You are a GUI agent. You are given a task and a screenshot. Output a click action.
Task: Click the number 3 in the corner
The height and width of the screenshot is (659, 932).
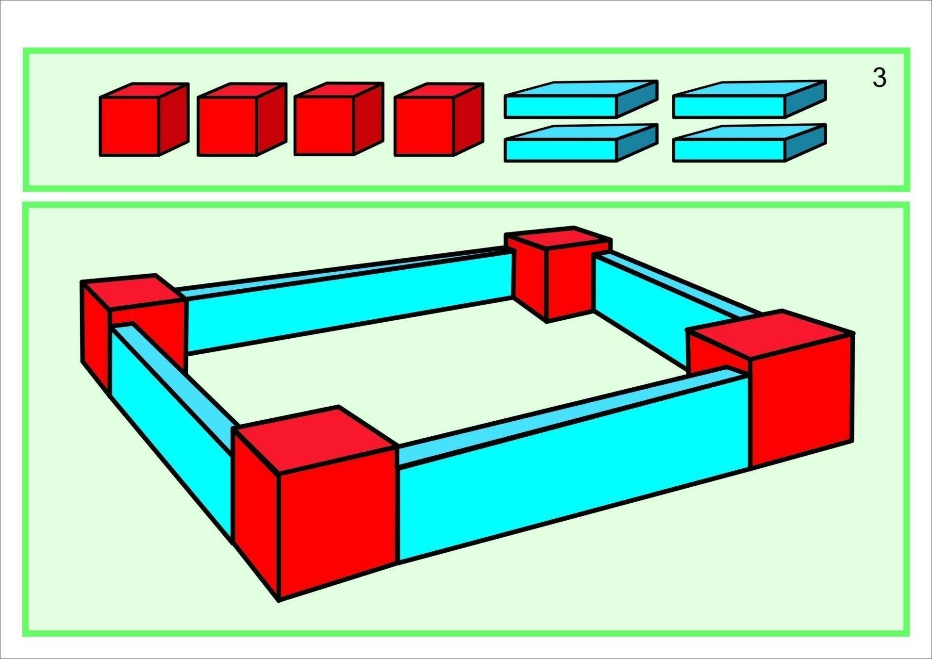879,78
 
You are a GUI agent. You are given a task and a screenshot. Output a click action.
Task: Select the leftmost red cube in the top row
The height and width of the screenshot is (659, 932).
144,119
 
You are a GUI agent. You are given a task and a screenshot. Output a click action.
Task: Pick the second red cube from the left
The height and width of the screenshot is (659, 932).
242,119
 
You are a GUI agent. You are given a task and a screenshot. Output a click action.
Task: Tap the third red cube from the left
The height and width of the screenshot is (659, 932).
339,119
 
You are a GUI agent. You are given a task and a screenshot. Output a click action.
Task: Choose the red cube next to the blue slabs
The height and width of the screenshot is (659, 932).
439,119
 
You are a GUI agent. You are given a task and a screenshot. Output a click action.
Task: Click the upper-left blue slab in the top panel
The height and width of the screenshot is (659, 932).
581,99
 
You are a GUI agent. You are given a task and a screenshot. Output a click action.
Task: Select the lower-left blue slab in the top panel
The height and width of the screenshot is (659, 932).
581,143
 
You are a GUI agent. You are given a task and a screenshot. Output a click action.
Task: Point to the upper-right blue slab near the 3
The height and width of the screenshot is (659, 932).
749,99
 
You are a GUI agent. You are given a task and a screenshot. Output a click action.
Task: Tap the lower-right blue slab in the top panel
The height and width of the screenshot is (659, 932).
749,143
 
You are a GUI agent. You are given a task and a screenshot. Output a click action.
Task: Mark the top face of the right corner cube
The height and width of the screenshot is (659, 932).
771,334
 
